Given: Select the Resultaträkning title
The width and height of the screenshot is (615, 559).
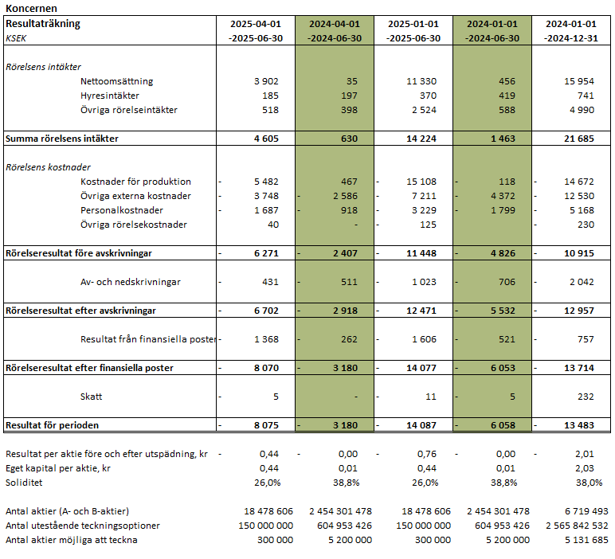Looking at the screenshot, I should point(43,24).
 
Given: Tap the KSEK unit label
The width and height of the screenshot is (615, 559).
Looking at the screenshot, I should point(16,37).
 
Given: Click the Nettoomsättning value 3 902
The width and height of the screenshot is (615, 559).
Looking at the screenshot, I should point(268,81).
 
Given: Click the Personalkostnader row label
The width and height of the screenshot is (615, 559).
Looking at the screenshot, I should point(122,210).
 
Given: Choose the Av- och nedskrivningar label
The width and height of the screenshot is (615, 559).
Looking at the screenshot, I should point(131,282).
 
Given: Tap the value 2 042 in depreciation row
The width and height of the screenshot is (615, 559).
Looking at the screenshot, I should point(584,282).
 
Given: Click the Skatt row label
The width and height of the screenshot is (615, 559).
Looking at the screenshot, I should point(92,396).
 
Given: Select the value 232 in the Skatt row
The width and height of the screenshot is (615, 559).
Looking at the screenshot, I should point(589,396).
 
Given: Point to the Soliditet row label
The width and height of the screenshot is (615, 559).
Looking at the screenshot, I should point(24,483).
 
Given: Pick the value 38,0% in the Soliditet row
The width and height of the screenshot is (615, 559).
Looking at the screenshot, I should point(585,483).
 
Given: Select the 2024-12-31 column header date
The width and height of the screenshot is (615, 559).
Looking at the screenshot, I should point(573,37).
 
